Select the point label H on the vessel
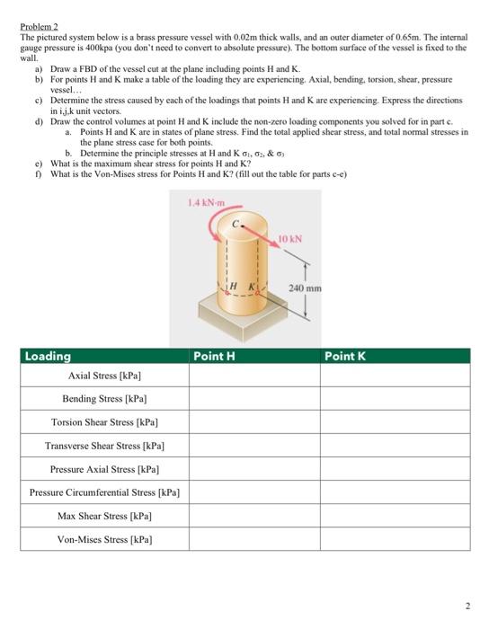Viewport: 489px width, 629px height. (229, 285)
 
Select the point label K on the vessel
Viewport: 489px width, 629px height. (252, 285)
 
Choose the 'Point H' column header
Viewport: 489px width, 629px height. (215, 356)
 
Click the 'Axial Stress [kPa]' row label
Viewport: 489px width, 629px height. (105, 375)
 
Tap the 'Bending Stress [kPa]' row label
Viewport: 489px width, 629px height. (105, 398)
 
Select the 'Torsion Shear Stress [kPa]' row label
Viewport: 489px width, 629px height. (105, 421)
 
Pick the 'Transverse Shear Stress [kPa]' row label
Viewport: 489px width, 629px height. (105, 445)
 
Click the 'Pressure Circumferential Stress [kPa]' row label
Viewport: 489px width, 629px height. (105, 492)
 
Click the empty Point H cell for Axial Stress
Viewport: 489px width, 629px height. (253, 375)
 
